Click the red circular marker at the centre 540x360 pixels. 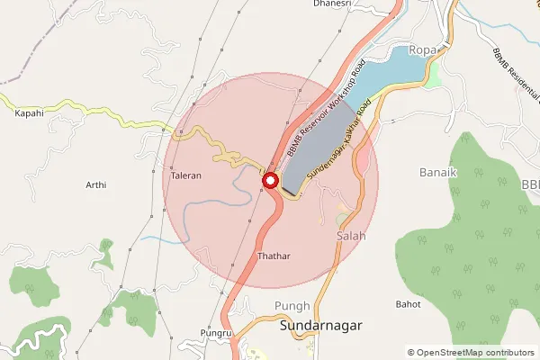point(269,181)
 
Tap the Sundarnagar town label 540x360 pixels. point(320,326)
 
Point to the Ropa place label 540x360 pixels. point(421,49)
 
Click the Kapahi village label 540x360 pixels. point(28,113)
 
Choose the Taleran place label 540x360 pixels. point(185,176)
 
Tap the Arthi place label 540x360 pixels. point(95,185)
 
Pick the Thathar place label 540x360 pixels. point(274,256)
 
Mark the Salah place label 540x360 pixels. point(351,235)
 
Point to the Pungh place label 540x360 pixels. point(293,306)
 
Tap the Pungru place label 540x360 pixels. point(217,334)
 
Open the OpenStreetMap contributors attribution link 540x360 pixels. point(476,353)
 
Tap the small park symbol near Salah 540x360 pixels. point(343,219)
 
